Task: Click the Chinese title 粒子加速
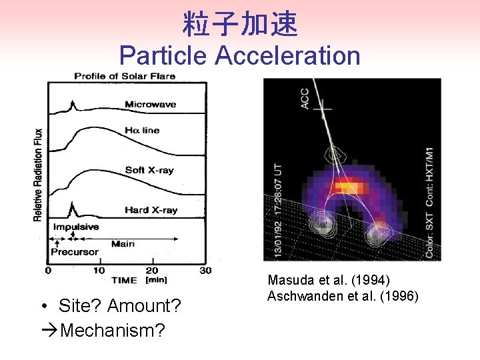point(240,25)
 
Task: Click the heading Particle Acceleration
point(240,55)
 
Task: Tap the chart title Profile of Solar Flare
point(125,76)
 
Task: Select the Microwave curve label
point(150,104)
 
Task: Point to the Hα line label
point(142,130)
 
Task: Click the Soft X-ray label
point(149,170)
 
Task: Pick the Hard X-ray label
point(151,210)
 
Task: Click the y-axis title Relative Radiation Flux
point(38,175)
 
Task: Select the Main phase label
point(123,243)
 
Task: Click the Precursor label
point(75,252)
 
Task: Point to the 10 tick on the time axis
point(99,271)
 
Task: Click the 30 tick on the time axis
point(205,271)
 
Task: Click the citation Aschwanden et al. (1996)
point(343,296)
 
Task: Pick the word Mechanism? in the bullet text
point(112,330)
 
